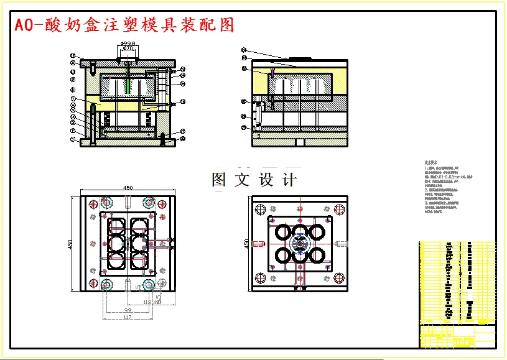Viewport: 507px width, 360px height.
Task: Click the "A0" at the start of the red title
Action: pyautogui.click(x=23, y=25)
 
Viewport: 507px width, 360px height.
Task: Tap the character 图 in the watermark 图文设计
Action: pyautogui.click(x=220, y=180)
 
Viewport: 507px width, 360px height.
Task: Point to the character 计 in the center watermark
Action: pyautogui.click(x=289, y=180)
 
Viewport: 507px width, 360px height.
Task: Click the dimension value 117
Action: pyautogui.click(x=127, y=318)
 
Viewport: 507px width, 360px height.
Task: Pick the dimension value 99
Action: pyautogui.click(x=127, y=310)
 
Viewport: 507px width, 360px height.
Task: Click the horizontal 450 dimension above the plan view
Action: pyautogui.click(x=128, y=187)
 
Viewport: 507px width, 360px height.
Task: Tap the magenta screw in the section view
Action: pyautogui.click(x=272, y=73)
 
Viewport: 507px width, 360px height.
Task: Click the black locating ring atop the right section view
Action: pyautogui.click(x=300, y=59)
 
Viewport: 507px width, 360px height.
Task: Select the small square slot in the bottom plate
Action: pyautogui.click(x=300, y=142)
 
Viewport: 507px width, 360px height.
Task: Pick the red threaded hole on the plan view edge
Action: pyautogui.click(x=342, y=243)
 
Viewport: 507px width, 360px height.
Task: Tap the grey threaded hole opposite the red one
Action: pyautogui.click(x=257, y=243)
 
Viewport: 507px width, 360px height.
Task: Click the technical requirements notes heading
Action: pyautogui.click(x=430, y=162)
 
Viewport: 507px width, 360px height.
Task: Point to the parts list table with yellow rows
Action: pyautogui.click(x=458, y=280)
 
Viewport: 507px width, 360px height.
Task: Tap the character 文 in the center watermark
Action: pyautogui.click(x=242, y=180)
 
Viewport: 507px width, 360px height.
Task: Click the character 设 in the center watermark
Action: pyautogui.click(x=266, y=180)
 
